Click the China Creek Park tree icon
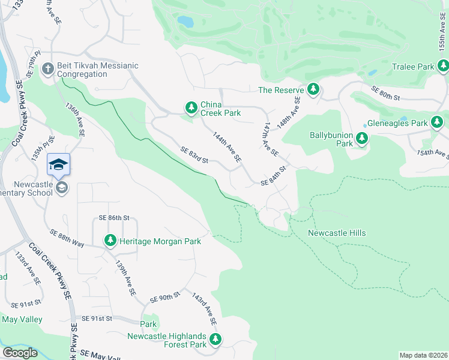(x=191, y=107)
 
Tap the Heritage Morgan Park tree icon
(x=110, y=241)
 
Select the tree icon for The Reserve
(x=313, y=89)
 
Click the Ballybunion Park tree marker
(x=361, y=139)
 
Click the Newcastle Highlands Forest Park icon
(x=215, y=340)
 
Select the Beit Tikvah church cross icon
(x=48, y=70)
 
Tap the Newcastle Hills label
(x=336, y=233)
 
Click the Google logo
(x=20, y=353)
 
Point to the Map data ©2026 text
(x=423, y=355)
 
